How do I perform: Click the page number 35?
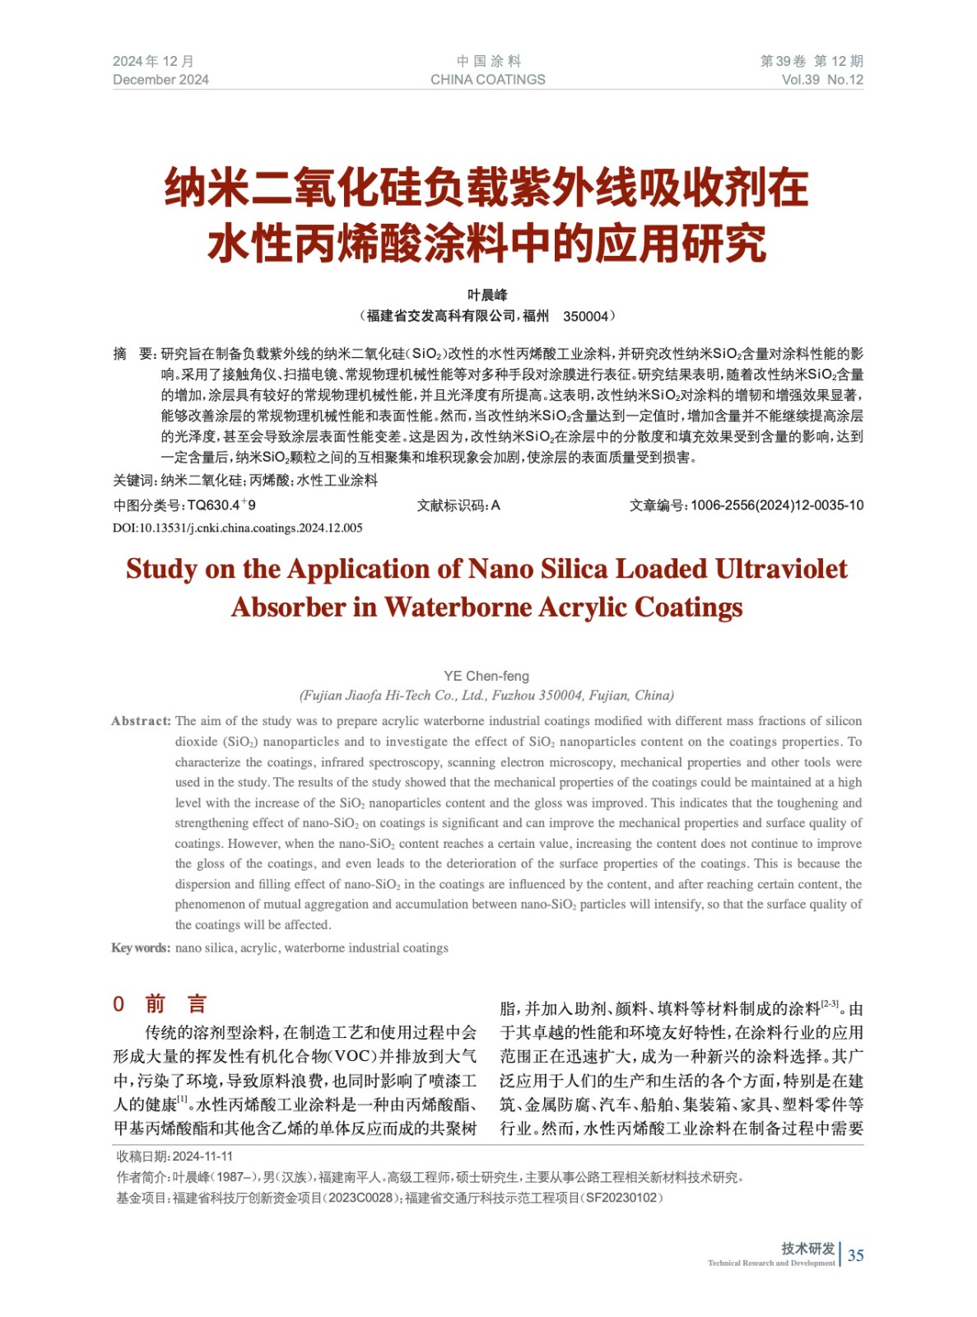(x=855, y=1254)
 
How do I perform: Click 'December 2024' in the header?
(x=161, y=80)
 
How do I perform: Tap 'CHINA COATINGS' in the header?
(x=487, y=80)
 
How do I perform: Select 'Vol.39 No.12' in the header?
(x=821, y=80)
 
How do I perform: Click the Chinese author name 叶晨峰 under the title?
(x=487, y=295)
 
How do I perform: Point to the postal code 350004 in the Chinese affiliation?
(x=585, y=316)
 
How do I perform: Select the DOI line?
(x=237, y=528)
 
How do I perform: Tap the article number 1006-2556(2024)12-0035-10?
(x=777, y=505)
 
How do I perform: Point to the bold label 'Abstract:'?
(x=142, y=721)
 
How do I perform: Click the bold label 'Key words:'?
(x=141, y=947)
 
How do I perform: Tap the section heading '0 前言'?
(x=161, y=1003)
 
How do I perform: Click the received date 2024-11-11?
(x=202, y=1156)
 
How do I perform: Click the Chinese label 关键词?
(x=133, y=481)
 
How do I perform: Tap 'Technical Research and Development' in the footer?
(x=771, y=1263)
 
